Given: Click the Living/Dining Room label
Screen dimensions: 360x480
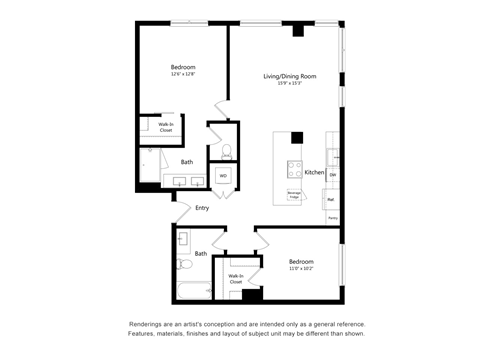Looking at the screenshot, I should [290, 76].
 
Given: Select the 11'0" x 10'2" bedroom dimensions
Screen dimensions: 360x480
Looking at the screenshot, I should [301, 268].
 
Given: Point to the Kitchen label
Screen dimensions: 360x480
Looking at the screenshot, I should [314, 172].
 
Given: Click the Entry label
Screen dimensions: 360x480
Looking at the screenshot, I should [202, 208].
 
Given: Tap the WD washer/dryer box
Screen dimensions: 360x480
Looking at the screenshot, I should [223, 176].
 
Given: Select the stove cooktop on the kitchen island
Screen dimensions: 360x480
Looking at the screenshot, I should [295, 168].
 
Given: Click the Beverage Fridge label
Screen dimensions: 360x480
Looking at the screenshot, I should [295, 195].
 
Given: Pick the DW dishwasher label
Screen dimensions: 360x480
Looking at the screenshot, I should [332, 176].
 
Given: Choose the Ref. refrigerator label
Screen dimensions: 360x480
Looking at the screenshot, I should [331, 199].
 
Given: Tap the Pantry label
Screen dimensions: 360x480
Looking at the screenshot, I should [332, 217].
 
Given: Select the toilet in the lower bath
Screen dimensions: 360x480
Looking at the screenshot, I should [183, 265].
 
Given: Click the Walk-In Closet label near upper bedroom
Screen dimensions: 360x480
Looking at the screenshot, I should [165, 128].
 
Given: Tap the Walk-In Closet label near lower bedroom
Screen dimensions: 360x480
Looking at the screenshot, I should [236, 279].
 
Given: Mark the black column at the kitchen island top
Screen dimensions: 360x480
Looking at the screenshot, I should [297, 138].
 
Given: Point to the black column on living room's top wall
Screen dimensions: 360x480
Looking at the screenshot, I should [298, 30].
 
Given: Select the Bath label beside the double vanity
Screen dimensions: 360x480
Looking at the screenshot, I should [187, 162].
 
